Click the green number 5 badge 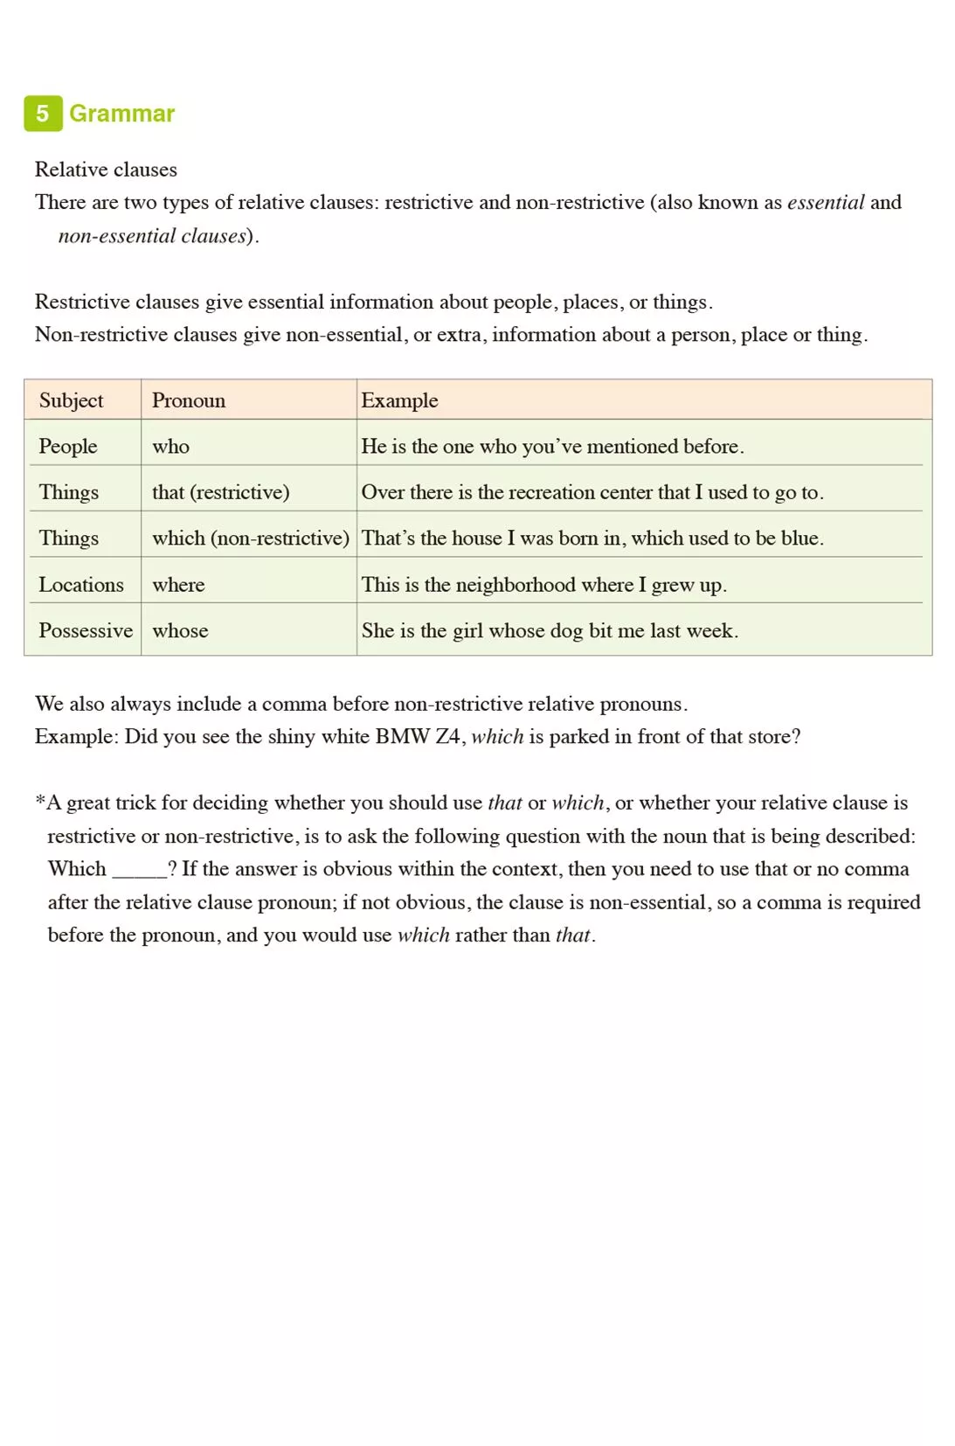[43, 114]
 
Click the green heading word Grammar [121, 114]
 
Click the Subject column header [71, 400]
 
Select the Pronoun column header [189, 400]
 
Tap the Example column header [399, 400]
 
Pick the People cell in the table [68, 446]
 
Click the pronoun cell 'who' [170, 446]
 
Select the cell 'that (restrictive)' [220, 492]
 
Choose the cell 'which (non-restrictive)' [250, 538]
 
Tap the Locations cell [81, 584]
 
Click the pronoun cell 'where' [178, 584]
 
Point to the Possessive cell [86, 630]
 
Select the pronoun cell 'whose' [180, 630]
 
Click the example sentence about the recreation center [592, 492]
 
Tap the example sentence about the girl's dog [550, 630]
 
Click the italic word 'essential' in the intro [825, 202]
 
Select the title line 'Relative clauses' [106, 170]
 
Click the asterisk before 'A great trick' [40, 800]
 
